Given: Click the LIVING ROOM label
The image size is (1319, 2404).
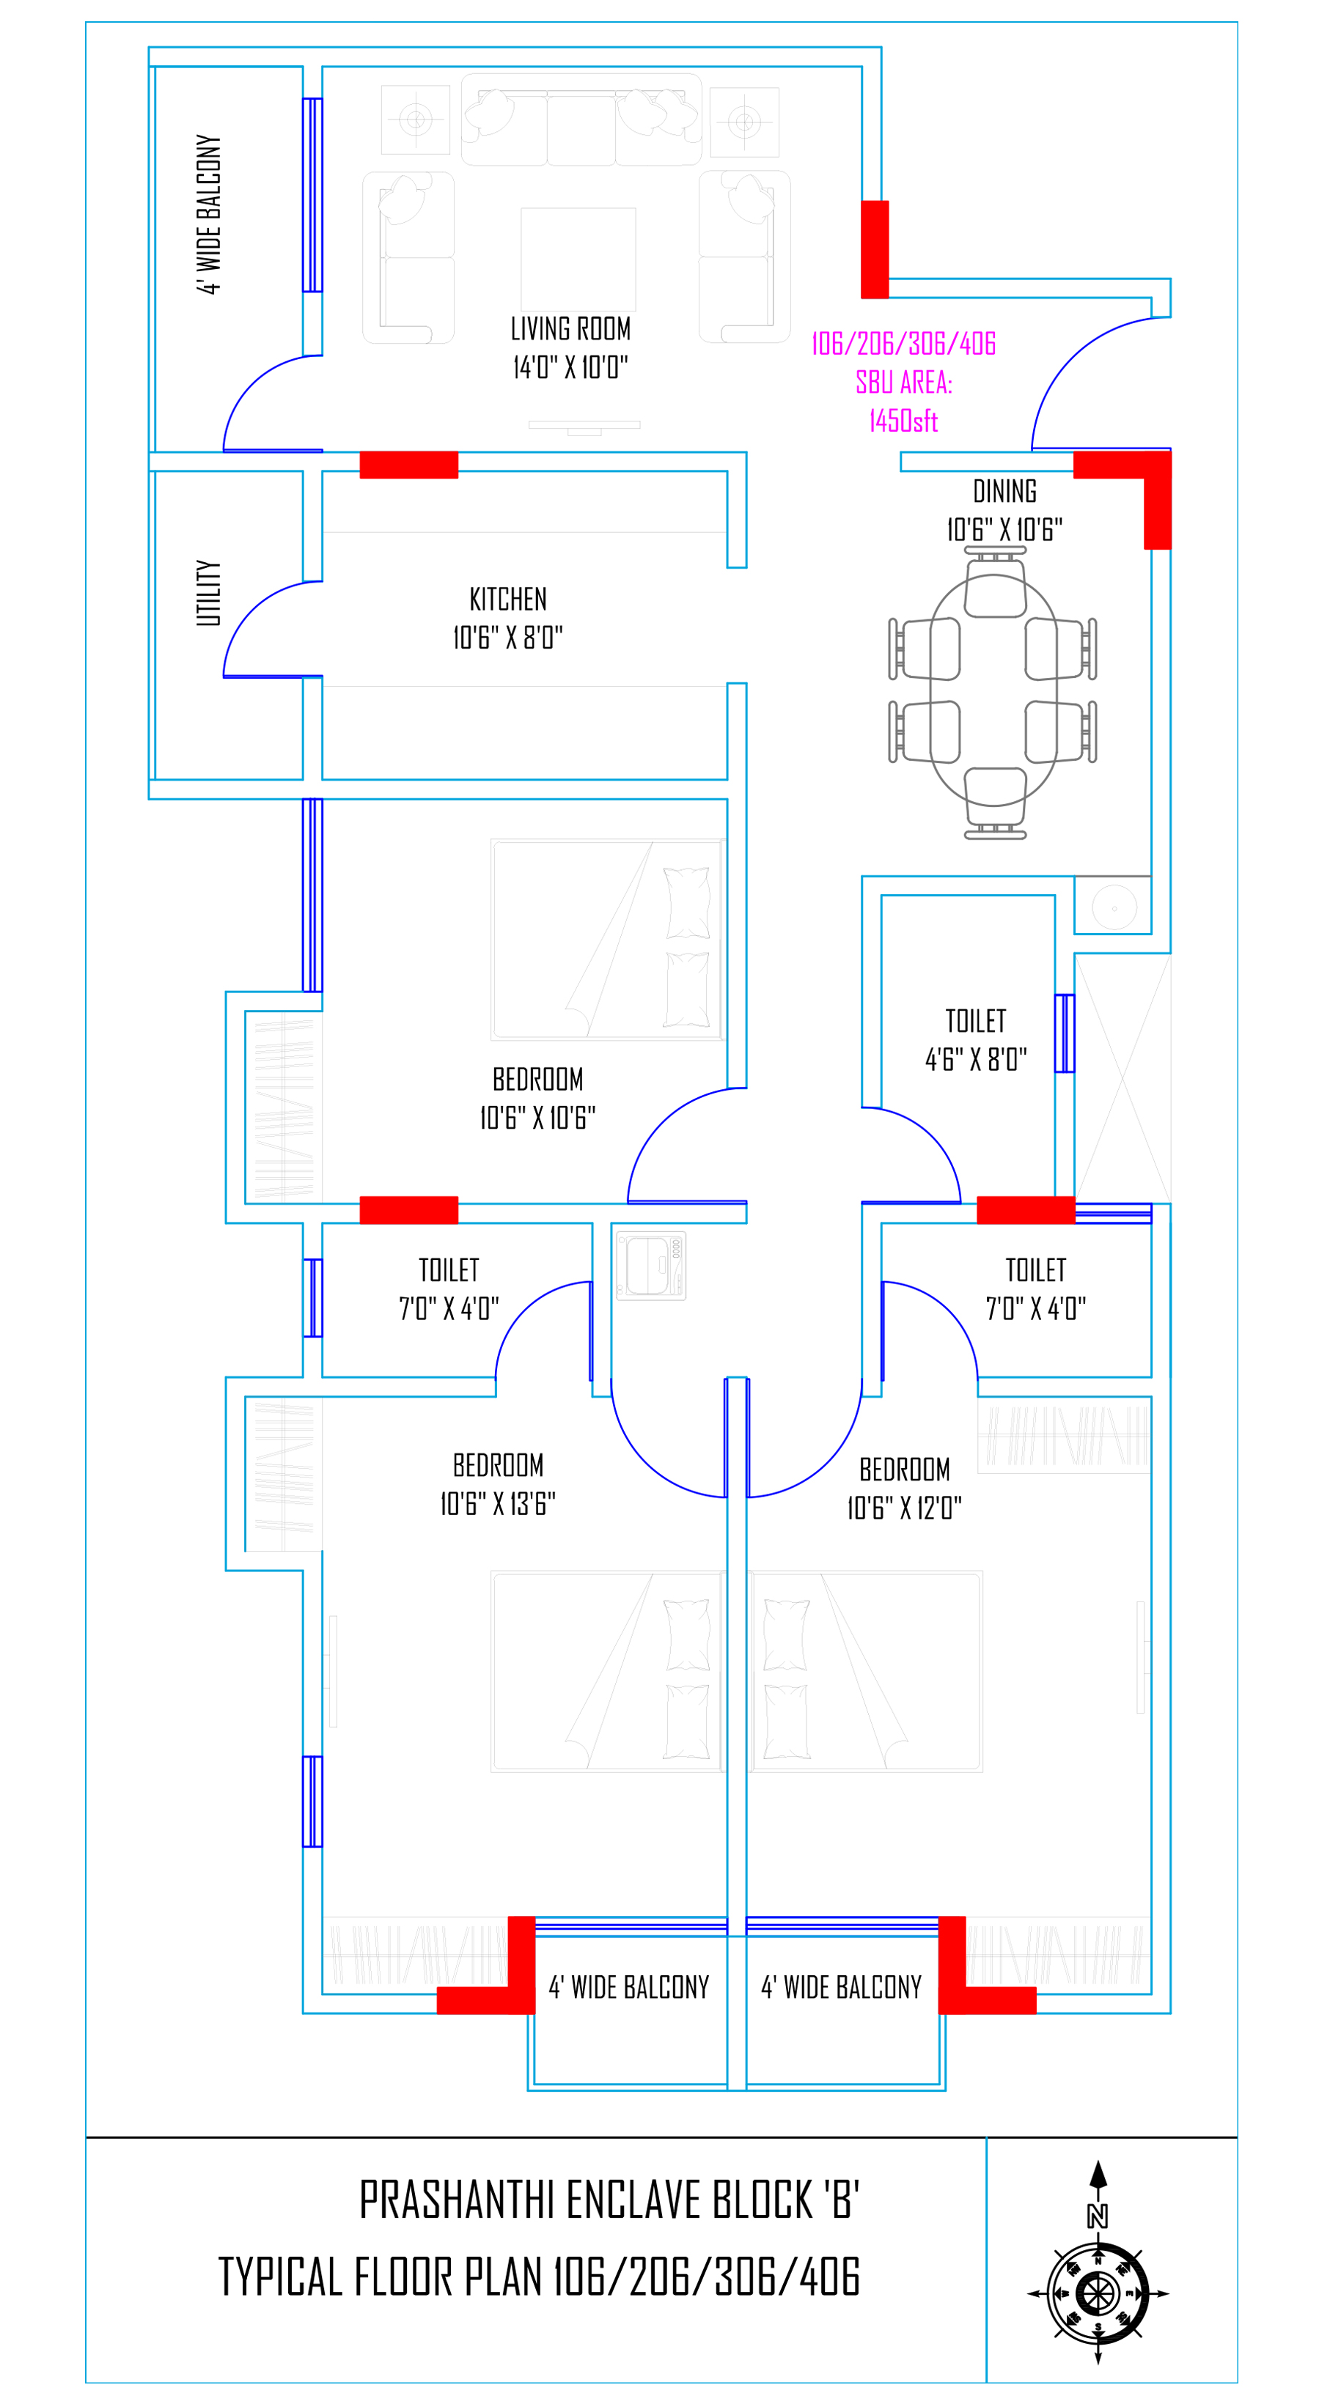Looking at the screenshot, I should click(570, 329).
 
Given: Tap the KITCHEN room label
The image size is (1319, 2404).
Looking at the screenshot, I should click(508, 599).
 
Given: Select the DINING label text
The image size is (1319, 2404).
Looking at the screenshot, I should click(1004, 491).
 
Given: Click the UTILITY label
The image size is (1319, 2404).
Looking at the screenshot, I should click(208, 593).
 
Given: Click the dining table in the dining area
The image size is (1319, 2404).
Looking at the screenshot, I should click(993, 690).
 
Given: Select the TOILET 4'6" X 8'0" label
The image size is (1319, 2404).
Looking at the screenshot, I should click(975, 1039).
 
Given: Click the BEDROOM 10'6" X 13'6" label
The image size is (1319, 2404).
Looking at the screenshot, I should click(498, 1484).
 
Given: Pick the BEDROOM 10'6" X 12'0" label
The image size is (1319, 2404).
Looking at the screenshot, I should click(903, 1488).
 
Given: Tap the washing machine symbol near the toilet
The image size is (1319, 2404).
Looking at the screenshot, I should click(650, 1266).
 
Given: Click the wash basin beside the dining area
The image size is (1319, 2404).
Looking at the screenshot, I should click(1114, 905).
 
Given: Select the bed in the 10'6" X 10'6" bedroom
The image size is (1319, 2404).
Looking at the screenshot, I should click(608, 939).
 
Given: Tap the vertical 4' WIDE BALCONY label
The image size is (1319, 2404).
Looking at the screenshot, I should click(209, 214).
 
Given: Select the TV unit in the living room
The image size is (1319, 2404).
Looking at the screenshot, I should click(584, 427).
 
